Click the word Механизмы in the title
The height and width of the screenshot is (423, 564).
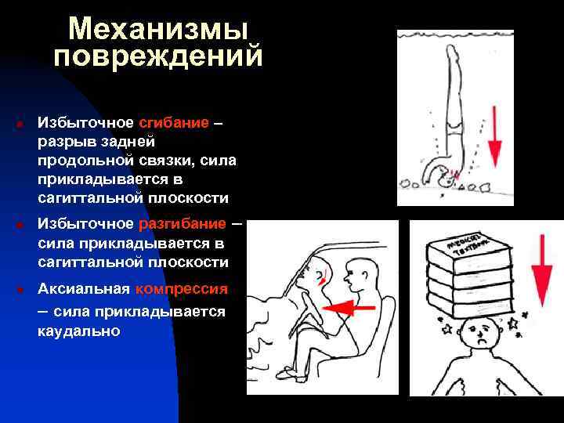click(157, 29)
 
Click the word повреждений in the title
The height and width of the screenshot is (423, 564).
click(157, 56)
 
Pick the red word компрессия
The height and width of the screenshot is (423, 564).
click(181, 289)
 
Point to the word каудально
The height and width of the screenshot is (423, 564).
click(78, 331)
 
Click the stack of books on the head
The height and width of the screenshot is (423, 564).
click(469, 269)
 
